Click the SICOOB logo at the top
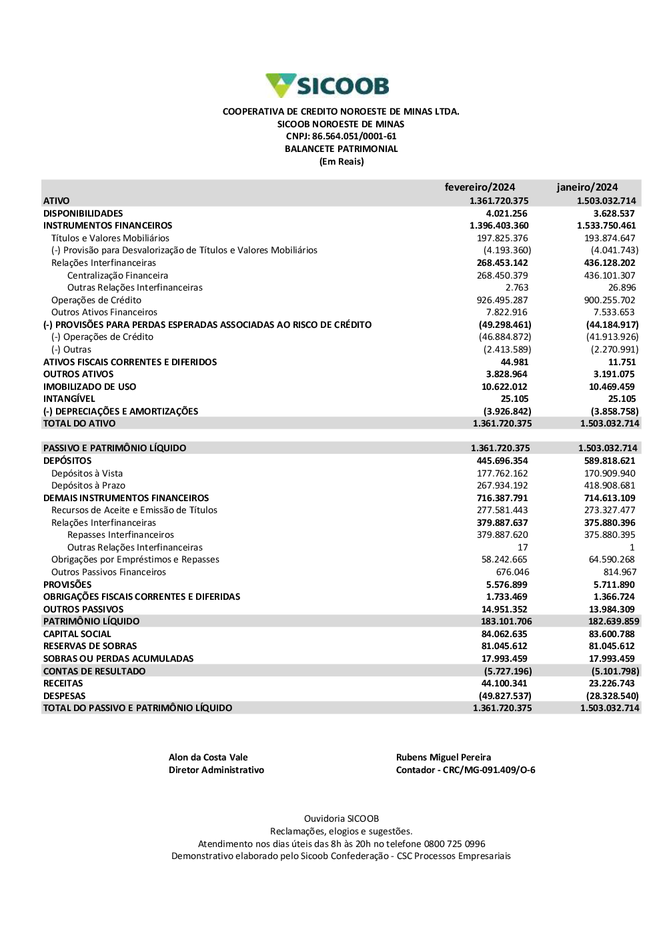pyautogui.click(x=327, y=85)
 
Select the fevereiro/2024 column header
pyautogui.click(x=480, y=187)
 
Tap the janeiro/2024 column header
pyautogui.click(x=587, y=187)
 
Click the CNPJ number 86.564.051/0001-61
pyautogui.click(x=354, y=136)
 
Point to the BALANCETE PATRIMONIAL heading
pyautogui.click(x=341, y=149)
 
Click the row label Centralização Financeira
pyautogui.click(x=117, y=275)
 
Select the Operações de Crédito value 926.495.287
pyautogui.click(x=502, y=300)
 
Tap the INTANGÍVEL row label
pyautogui.click(x=69, y=399)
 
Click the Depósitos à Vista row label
pyautogui.click(x=87, y=473)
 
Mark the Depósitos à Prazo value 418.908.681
pyautogui.click(x=610, y=485)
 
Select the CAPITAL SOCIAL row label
pyautogui.click(x=77, y=634)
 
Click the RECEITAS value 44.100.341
pyautogui.click(x=504, y=683)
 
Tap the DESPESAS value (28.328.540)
pyautogui.click(x=612, y=696)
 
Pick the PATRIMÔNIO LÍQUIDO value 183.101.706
pyautogui.click(x=506, y=621)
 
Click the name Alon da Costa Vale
pyautogui.click(x=208, y=757)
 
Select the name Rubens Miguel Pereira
pyautogui.click(x=444, y=757)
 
